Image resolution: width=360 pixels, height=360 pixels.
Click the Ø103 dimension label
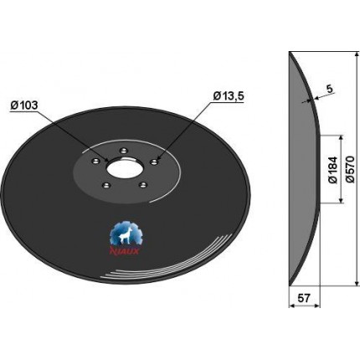click(23, 105)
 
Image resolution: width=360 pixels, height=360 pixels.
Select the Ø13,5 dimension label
click(229, 96)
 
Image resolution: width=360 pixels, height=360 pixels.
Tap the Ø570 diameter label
click(351, 169)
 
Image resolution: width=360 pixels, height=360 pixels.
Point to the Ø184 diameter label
click(333, 170)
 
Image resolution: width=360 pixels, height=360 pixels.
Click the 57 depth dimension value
click(304, 298)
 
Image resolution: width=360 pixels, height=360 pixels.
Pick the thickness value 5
click(329, 89)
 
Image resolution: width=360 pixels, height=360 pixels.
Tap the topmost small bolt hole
click(123, 151)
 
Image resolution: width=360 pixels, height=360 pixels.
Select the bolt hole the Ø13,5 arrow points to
click(153, 162)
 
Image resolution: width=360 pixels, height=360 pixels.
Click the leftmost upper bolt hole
click(95, 161)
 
